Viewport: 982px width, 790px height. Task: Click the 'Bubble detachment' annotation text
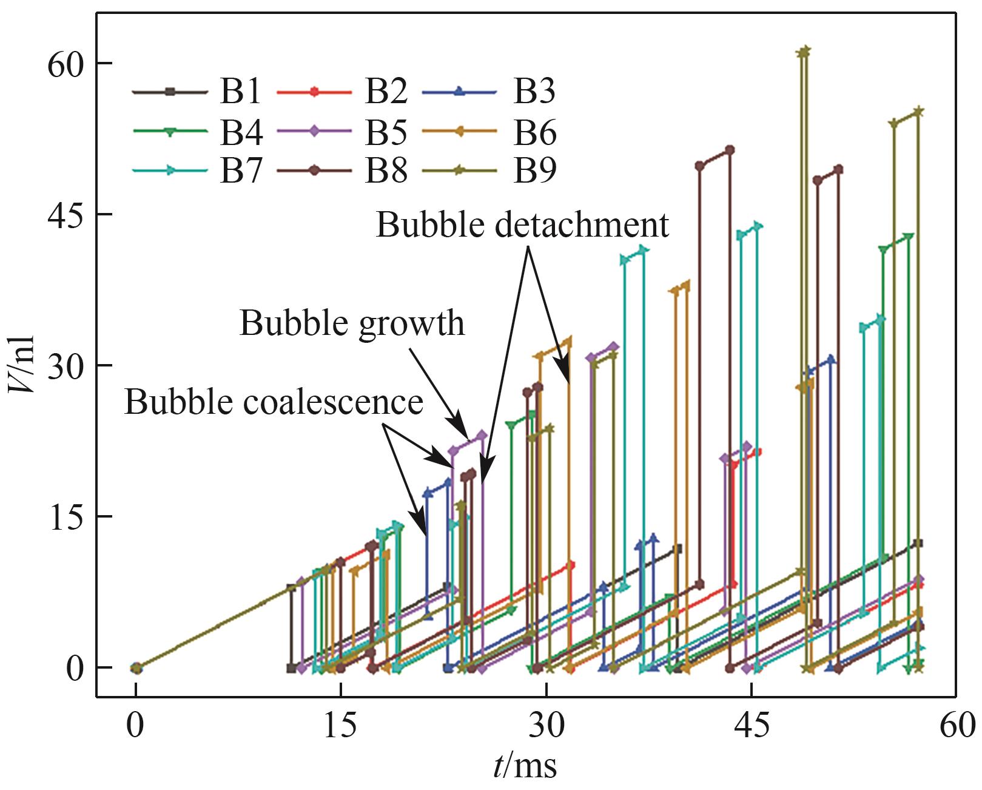[522, 225]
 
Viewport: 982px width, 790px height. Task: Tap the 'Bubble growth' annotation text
[352, 323]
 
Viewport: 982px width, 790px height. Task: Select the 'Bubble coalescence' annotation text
[274, 402]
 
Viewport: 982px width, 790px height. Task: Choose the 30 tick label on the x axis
[546, 725]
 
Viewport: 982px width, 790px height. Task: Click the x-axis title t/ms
[525, 767]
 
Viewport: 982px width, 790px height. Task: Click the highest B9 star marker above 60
[805, 52]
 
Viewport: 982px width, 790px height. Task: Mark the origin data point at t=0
[136, 668]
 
